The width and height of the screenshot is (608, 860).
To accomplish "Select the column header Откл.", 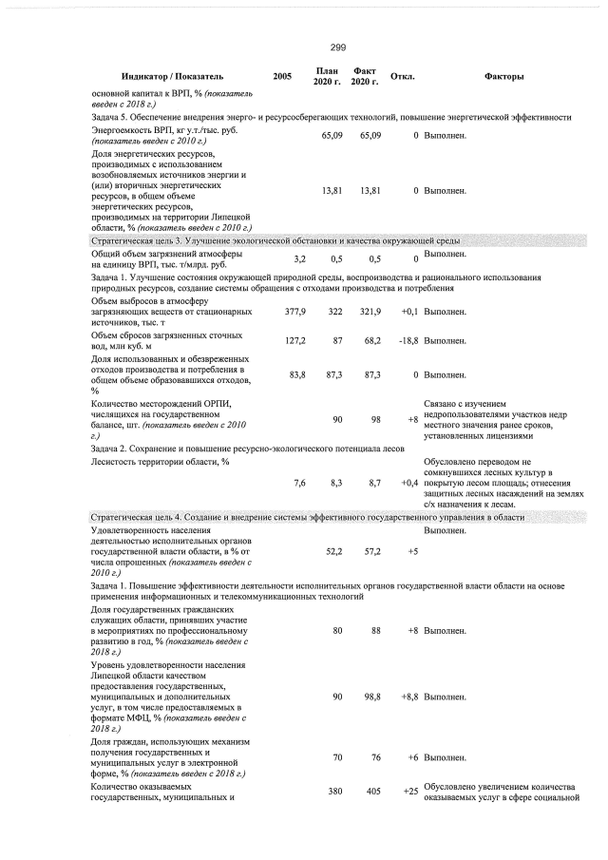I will [x=403, y=75].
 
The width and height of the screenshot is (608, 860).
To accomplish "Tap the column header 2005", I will [x=281, y=75].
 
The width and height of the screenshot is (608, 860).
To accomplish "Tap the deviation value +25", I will [x=410, y=791].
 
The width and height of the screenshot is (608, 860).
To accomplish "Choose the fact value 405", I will [x=372, y=791].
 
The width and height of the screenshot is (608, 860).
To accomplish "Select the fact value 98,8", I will [x=371, y=698].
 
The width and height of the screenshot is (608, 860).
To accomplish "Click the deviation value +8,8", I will [x=409, y=698].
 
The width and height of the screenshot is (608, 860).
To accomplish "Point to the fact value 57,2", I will [x=371, y=551].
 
